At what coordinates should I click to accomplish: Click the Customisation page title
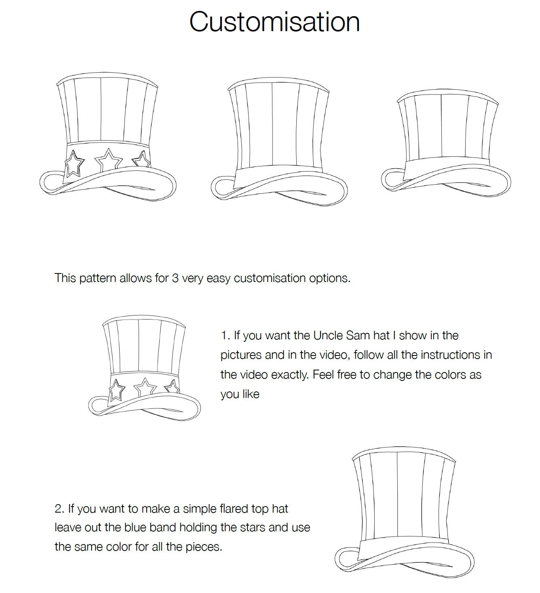[274, 22]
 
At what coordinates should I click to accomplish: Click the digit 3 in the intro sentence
[175, 278]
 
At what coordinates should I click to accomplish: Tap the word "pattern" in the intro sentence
[98, 278]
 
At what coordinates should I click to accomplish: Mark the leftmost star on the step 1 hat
[116, 390]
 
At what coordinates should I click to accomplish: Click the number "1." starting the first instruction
[225, 336]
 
